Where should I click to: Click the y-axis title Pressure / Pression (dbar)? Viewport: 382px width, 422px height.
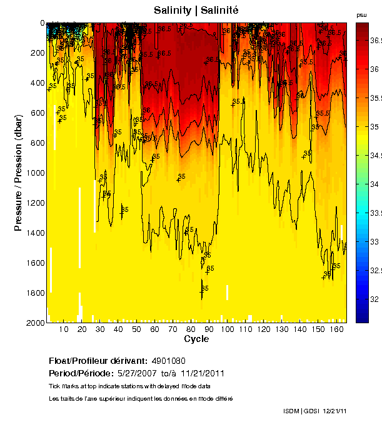(x=18, y=172)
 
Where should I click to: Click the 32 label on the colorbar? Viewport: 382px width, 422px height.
(x=373, y=299)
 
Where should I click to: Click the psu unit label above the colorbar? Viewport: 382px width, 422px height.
(x=361, y=14)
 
